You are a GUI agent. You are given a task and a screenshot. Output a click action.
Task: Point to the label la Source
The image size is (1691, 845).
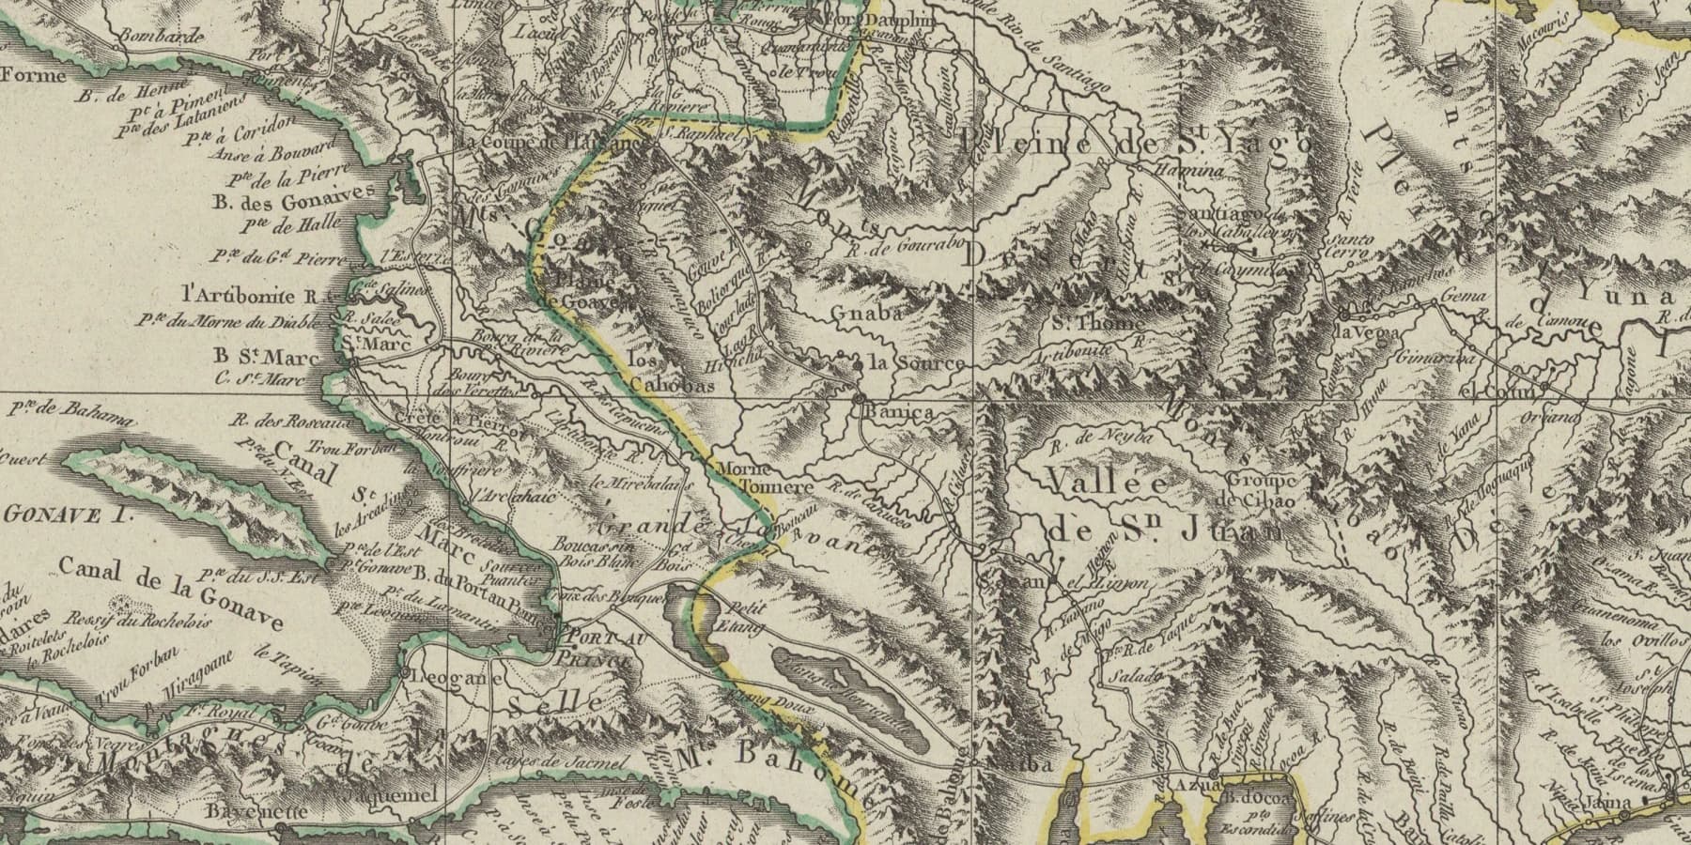click(x=915, y=363)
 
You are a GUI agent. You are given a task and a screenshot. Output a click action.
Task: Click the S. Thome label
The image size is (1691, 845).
click(x=1097, y=323)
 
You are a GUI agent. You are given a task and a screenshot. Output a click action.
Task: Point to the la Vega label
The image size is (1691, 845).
click(x=1370, y=332)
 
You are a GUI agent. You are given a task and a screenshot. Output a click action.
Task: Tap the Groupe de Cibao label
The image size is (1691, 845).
click(x=1260, y=490)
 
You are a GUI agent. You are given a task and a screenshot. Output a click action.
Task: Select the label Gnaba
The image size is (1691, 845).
click(x=866, y=315)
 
